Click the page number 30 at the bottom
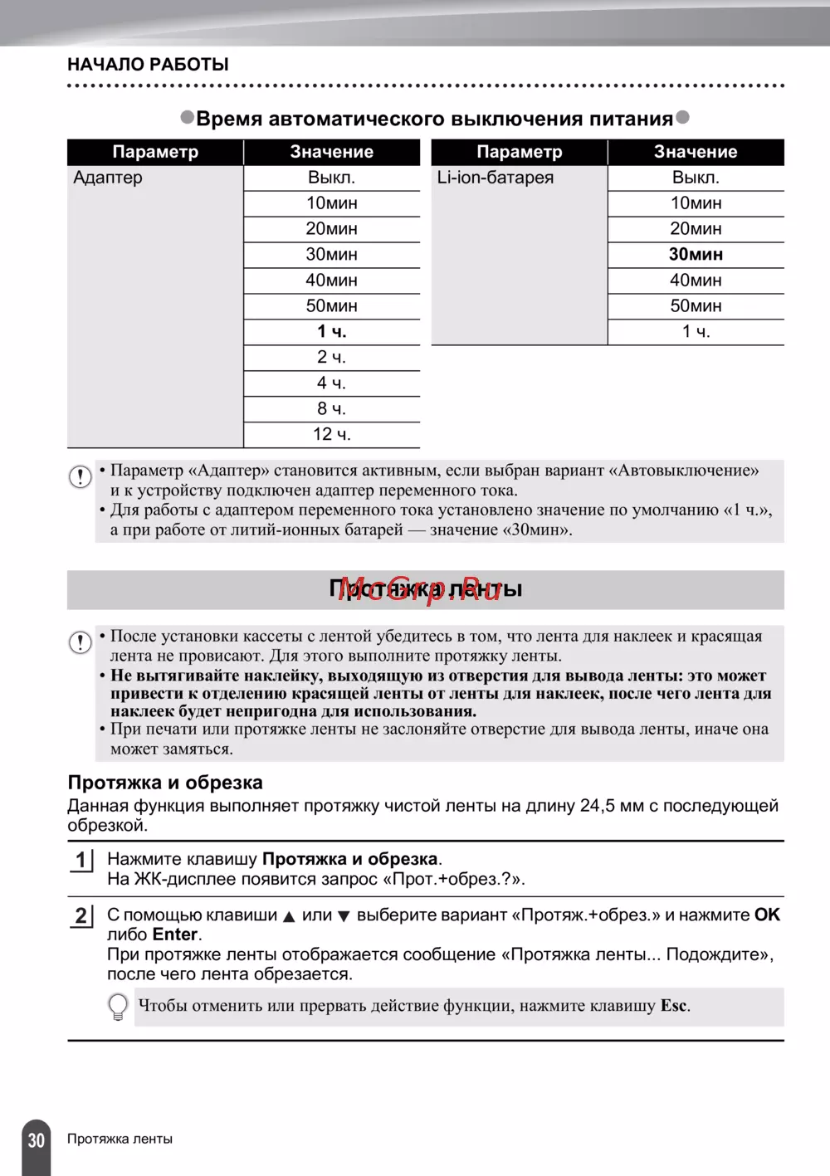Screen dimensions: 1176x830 coord(36,1140)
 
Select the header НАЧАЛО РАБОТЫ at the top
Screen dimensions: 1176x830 coord(148,65)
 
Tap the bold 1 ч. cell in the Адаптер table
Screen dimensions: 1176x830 coord(331,332)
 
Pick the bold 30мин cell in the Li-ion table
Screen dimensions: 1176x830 coord(696,255)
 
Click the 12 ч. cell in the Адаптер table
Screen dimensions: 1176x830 coord(331,435)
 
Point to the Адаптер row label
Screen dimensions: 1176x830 coord(108,178)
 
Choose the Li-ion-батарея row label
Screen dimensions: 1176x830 coord(496,178)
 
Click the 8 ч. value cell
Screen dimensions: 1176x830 coord(331,409)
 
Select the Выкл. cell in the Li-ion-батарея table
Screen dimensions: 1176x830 coord(696,178)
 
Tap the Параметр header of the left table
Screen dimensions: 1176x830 coord(155,152)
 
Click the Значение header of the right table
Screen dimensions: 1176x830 coord(696,152)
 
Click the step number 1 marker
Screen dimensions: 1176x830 coord(81,860)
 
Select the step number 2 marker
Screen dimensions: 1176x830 coord(81,915)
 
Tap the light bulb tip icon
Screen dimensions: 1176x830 coord(119,1007)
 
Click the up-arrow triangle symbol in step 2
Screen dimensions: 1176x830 coord(289,917)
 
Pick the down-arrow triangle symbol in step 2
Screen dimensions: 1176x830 coord(343,917)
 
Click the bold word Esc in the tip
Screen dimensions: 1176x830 coord(674,1006)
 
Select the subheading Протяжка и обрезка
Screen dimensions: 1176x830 coord(165,783)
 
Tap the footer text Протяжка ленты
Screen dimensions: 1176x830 coord(120,1139)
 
